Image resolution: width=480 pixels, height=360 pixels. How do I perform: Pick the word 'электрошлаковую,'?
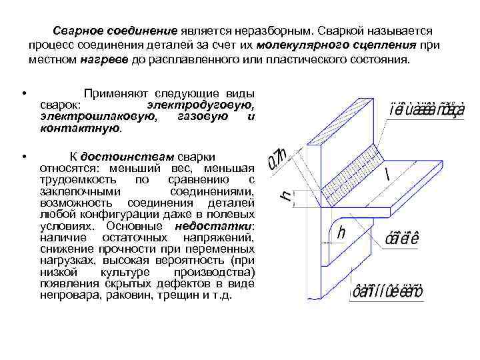(80, 116)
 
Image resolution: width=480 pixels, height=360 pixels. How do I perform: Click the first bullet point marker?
(23, 93)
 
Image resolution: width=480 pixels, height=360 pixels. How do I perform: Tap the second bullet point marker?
(23, 156)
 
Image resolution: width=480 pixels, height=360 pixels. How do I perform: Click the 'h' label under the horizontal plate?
(341, 233)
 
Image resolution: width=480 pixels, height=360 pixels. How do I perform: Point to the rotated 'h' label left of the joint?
(285, 195)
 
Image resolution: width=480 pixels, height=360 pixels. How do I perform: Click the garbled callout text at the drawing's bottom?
(387, 291)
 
